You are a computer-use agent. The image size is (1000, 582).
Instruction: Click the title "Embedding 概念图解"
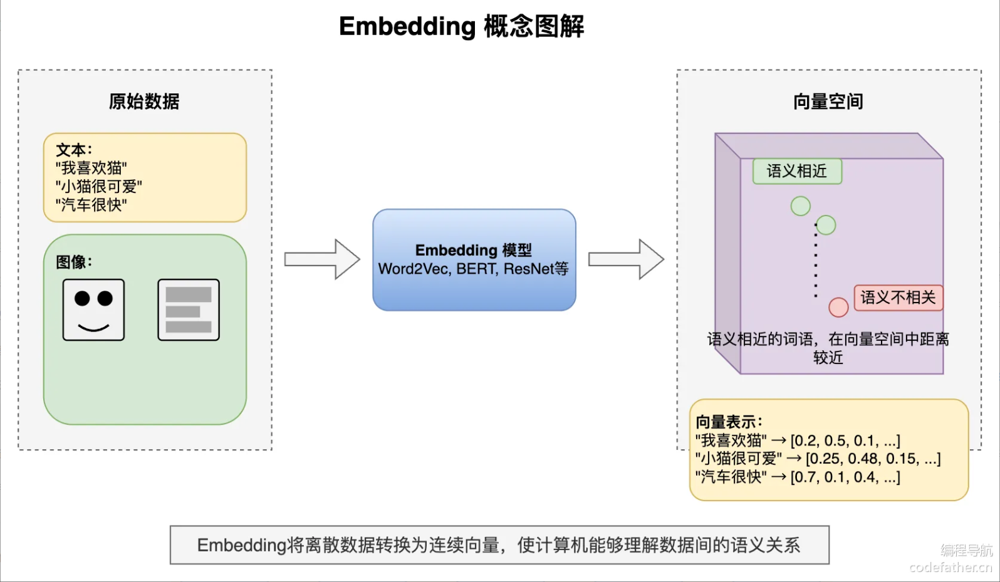click(461, 27)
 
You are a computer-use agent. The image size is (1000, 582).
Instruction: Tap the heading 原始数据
click(144, 101)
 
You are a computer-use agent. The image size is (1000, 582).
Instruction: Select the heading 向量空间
click(828, 101)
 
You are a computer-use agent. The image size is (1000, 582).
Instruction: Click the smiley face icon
click(93, 310)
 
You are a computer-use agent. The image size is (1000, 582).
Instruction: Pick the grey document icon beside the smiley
click(189, 310)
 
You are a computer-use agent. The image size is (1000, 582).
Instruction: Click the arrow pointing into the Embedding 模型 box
click(322, 259)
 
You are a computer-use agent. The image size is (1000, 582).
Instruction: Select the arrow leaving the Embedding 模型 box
click(626, 259)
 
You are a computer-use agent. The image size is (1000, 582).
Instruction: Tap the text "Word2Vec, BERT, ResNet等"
click(473, 269)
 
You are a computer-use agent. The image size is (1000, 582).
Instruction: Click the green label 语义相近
click(797, 171)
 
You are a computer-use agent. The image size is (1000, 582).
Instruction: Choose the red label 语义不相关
click(898, 298)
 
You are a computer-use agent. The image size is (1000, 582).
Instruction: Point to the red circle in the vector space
click(838, 307)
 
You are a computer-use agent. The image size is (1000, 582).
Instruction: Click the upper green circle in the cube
click(800, 206)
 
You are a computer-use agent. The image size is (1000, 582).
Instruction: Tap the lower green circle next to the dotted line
click(826, 225)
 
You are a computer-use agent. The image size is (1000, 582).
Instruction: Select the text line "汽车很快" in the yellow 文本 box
click(91, 205)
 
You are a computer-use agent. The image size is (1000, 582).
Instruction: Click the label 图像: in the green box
click(74, 262)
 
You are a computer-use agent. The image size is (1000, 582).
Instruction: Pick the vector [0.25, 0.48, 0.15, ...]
click(873, 459)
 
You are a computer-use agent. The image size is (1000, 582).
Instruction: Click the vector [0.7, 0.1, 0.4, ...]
click(845, 477)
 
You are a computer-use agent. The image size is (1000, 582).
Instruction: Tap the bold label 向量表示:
click(729, 422)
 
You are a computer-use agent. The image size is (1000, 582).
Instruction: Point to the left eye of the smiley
click(82, 298)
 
